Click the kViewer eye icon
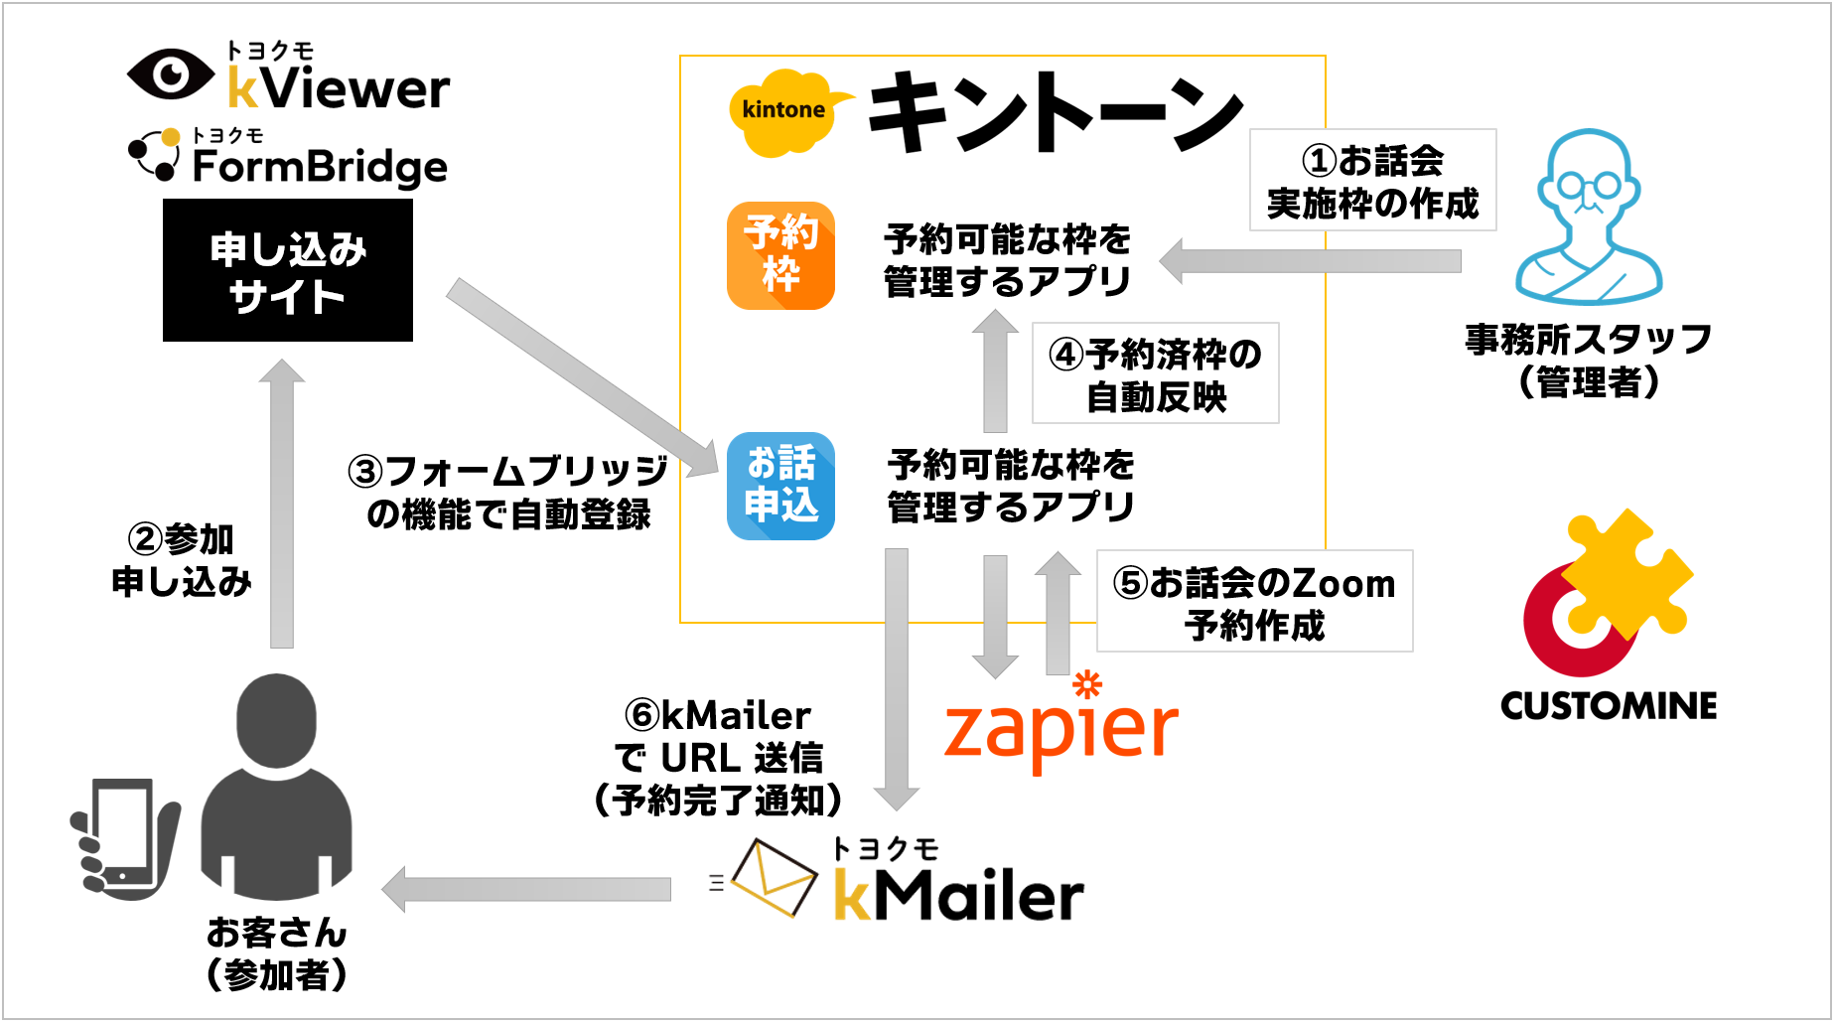tap(171, 73)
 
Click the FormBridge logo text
tap(320, 166)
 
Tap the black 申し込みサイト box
tap(288, 270)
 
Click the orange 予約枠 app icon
tap(780, 256)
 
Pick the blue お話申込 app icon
tap(780, 486)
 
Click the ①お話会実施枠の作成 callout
tap(1372, 180)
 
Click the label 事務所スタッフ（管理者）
tap(1589, 360)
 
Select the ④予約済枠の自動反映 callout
tap(1156, 373)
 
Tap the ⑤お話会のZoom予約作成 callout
tap(1254, 601)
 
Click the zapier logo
tap(1060, 723)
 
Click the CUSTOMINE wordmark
tap(1609, 706)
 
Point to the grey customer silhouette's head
tap(276, 721)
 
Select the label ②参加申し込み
tap(182, 560)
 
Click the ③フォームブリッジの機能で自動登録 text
tap(508, 493)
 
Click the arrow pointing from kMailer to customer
tap(527, 889)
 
